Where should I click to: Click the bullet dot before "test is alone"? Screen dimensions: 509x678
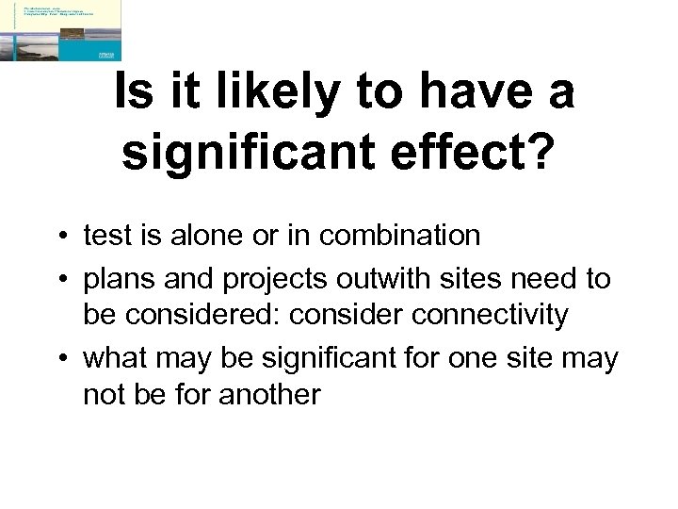60,236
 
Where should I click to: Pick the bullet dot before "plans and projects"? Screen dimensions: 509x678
60,280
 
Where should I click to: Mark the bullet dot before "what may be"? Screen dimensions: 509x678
60,360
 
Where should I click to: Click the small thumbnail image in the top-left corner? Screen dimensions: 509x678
61,30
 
